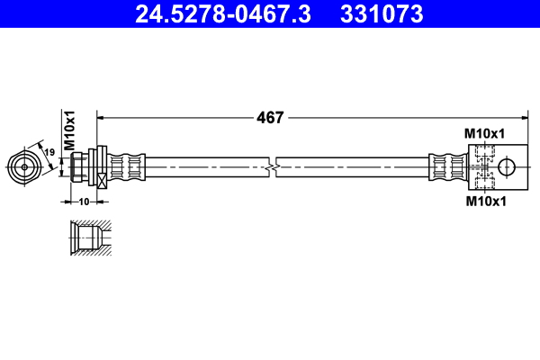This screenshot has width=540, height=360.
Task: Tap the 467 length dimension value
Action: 271,117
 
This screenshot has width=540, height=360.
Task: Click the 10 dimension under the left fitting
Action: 84,202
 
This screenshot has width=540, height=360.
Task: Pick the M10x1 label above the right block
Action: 484,133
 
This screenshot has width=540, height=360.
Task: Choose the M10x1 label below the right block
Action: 484,202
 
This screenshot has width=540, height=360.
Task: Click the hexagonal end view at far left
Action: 23,166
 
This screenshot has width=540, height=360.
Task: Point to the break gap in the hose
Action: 274,166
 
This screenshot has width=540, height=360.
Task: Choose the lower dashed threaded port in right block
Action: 484,181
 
